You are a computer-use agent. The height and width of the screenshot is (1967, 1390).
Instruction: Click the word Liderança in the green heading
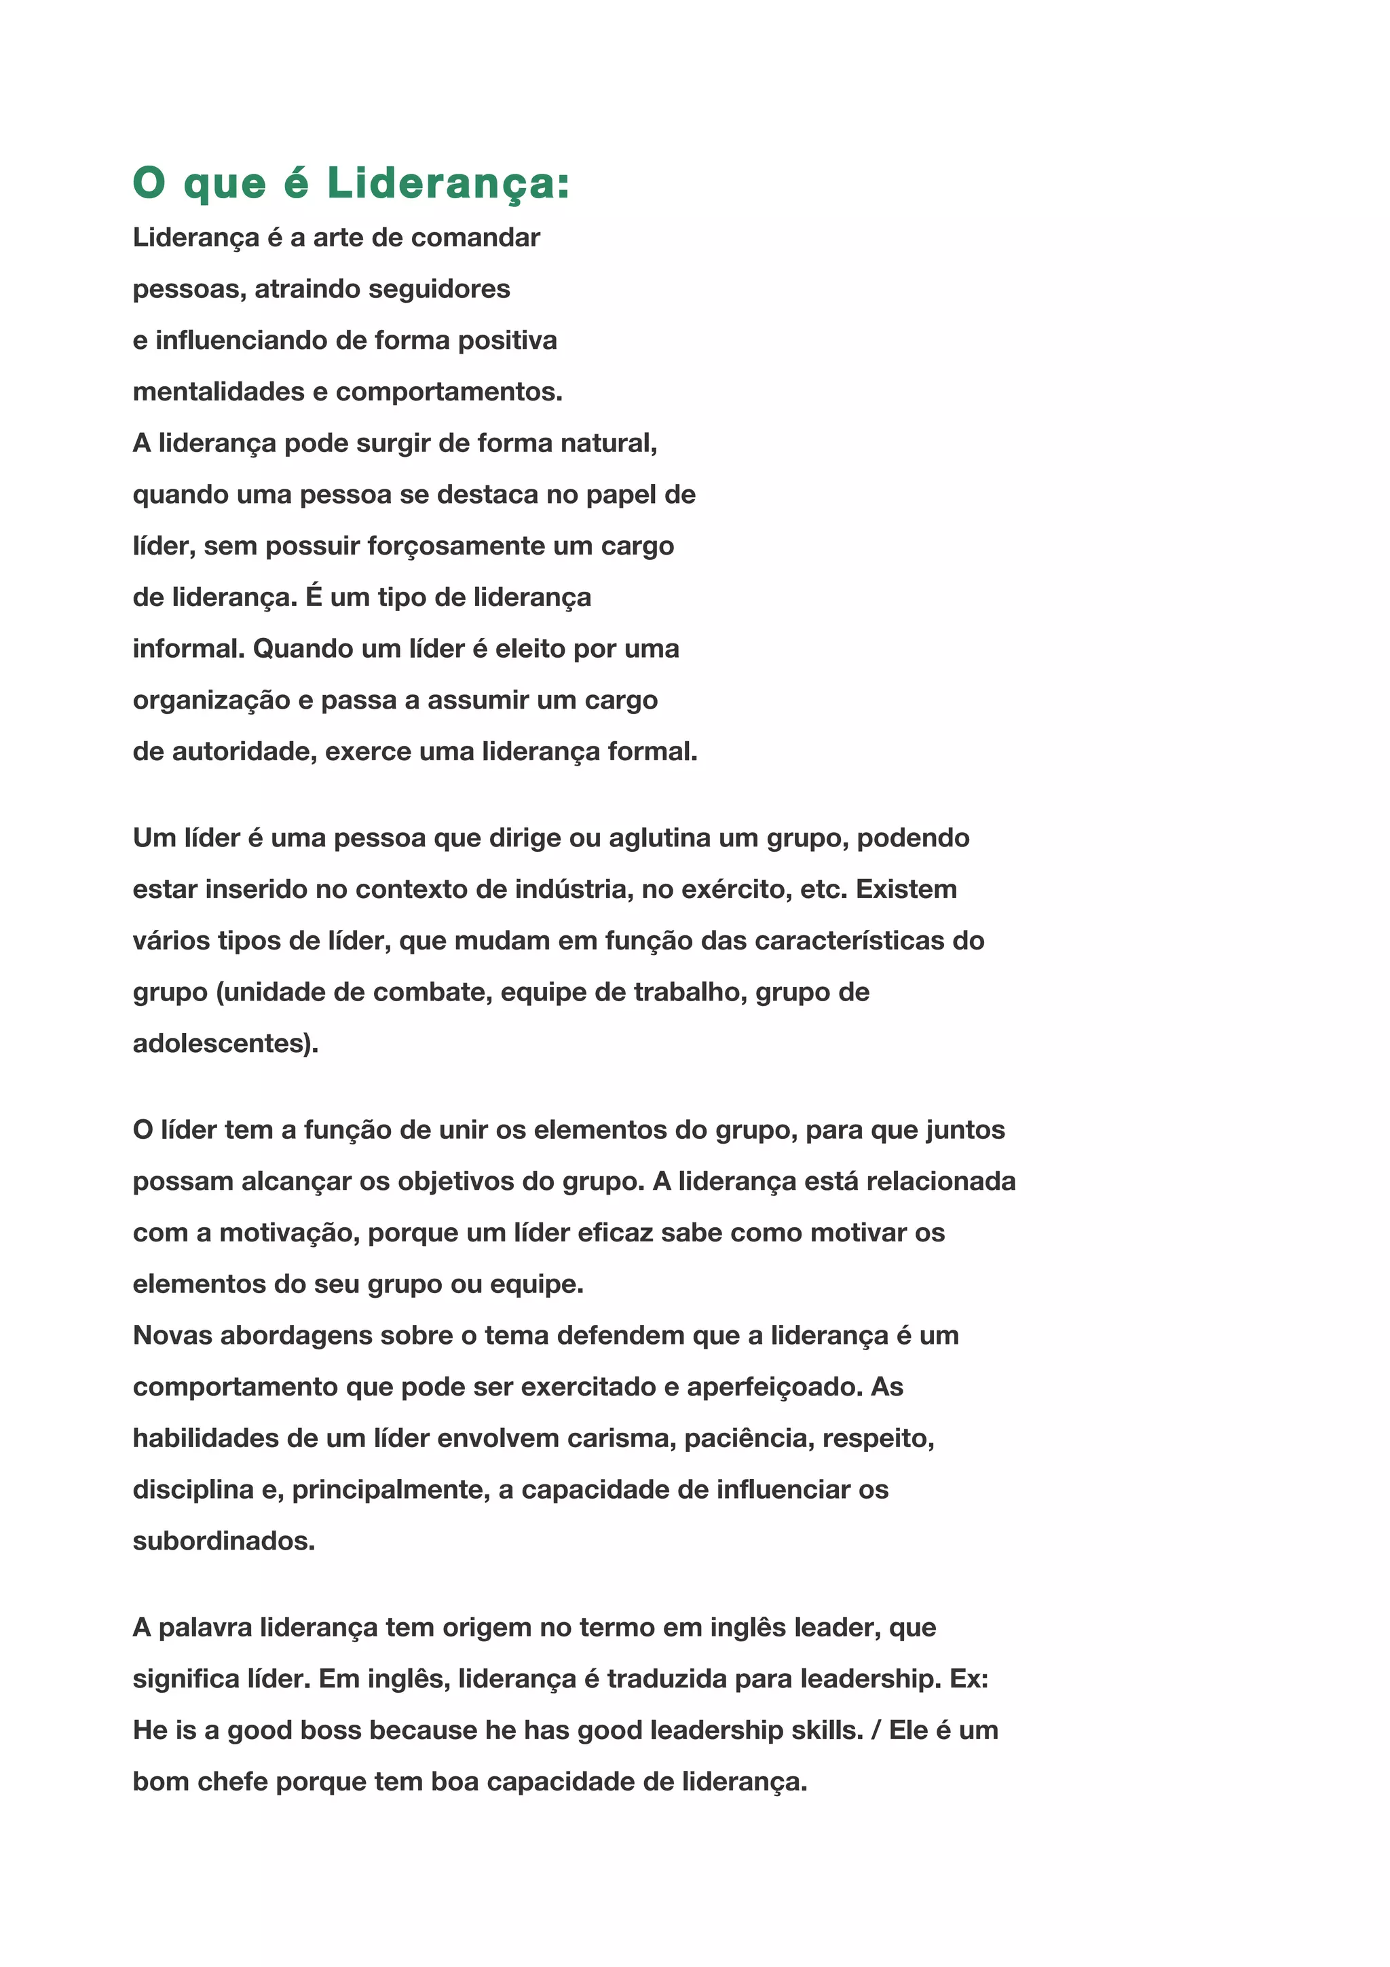(x=448, y=183)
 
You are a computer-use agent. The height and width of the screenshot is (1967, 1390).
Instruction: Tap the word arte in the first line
(x=337, y=238)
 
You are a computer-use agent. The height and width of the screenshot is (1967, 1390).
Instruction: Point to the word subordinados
(x=223, y=1541)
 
